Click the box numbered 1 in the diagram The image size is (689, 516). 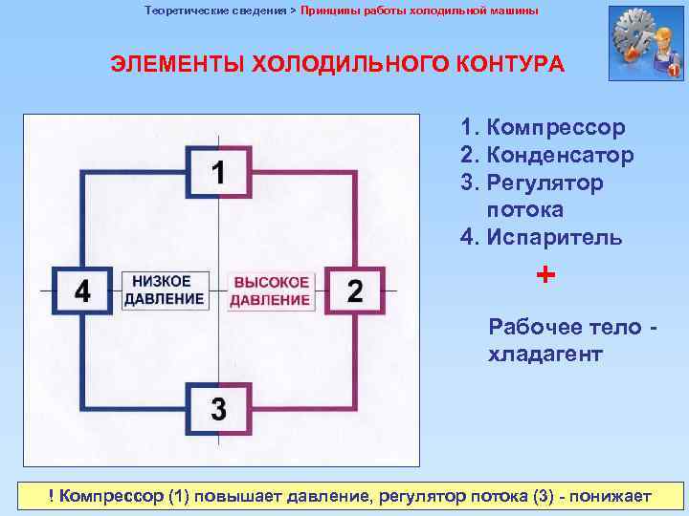point(220,173)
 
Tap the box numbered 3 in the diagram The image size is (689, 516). point(219,410)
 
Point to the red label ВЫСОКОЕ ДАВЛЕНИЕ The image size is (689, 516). point(272,290)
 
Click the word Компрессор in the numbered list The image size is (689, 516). point(555,127)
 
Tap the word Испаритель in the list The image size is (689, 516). point(554,237)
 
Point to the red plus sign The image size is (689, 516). point(545,275)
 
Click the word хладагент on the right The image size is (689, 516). point(545,355)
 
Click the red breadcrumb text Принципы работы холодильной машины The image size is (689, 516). point(419,11)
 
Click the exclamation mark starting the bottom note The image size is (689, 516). point(54,496)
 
